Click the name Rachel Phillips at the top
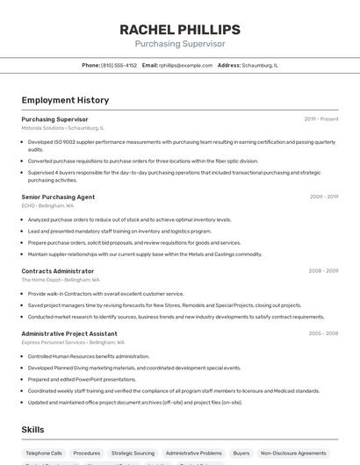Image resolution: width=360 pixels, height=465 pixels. click(179, 30)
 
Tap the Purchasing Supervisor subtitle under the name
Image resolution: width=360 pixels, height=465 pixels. click(179, 44)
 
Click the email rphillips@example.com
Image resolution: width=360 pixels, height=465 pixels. click(185, 65)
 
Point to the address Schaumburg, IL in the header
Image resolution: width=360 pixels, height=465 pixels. click(260, 65)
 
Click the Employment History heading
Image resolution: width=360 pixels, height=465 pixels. click(65, 100)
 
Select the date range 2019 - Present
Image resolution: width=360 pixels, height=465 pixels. click(321, 119)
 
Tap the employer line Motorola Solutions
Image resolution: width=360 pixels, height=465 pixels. click(62, 127)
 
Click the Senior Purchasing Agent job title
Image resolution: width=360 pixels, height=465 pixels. click(58, 197)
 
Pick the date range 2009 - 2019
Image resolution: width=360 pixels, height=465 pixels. click(323, 197)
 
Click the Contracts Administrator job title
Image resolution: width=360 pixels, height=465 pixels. click(57, 271)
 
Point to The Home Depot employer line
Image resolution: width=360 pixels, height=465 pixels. click(61, 279)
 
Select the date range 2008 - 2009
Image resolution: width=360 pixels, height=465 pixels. click(323, 271)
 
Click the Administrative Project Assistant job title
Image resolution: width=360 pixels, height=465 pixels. click(68, 333)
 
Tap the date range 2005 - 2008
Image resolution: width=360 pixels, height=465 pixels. click(323, 333)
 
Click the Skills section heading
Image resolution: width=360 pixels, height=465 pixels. click(33, 430)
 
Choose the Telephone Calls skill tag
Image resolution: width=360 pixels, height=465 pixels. click(44, 453)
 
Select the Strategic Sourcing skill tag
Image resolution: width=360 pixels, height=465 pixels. click(133, 453)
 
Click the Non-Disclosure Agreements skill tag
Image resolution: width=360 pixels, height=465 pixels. click(293, 453)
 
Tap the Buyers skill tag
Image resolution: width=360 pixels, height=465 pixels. click(241, 453)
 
